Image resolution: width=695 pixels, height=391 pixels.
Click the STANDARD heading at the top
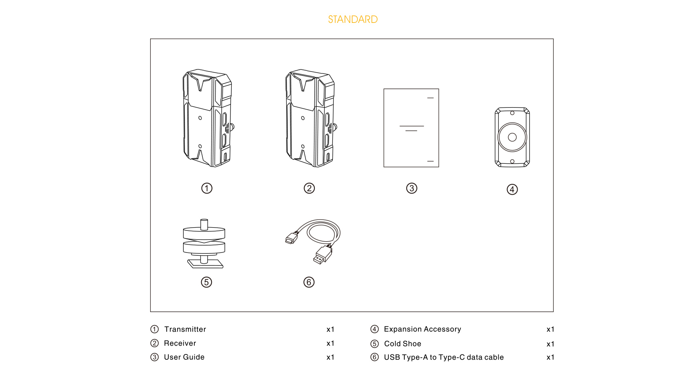pos(353,19)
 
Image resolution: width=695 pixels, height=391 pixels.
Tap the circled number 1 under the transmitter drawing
pos(207,188)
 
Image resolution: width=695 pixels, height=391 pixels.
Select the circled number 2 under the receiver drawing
pos(309,188)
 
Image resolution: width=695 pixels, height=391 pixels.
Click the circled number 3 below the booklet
pos(412,188)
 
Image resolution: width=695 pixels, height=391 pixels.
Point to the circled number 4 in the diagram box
pos(512,189)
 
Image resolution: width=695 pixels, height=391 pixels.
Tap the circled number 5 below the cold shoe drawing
pos(206,282)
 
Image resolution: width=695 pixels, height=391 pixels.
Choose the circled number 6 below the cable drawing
pos(309,282)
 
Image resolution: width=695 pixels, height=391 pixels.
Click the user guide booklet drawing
pos(411,128)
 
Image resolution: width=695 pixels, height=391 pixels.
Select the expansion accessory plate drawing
pos(512,120)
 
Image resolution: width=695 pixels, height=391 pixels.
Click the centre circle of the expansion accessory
pos(512,137)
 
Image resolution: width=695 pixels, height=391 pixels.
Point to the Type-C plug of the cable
pos(291,238)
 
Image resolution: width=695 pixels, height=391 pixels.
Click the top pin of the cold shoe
pos(204,224)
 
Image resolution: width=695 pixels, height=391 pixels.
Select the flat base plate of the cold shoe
pos(205,264)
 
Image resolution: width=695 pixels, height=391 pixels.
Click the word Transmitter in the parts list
pos(185,329)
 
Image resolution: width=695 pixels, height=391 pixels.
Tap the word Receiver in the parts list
pos(180,343)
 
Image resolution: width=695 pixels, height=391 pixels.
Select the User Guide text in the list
pos(184,357)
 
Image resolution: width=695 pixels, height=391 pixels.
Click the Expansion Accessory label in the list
pos(422,329)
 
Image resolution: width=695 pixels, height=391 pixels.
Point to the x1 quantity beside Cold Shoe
pos(550,344)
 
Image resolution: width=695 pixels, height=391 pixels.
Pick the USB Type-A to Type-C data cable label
pos(444,357)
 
